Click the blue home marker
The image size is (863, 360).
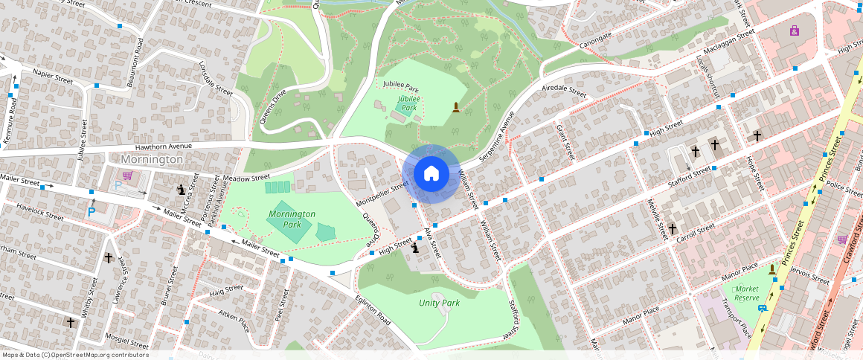click(431, 173)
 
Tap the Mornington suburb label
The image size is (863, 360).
click(152, 159)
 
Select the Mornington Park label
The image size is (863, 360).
click(292, 219)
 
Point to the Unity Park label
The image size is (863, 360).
click(439, 303)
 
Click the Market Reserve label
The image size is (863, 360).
click(746, 293)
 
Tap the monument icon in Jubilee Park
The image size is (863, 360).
click(455, 109)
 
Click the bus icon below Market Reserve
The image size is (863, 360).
click(762, 308)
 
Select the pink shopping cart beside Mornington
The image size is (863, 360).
click(128, 176)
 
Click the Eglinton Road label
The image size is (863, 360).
click(373, 307)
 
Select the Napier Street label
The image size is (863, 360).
click(53, 76)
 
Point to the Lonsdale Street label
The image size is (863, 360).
click(216, 78)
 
